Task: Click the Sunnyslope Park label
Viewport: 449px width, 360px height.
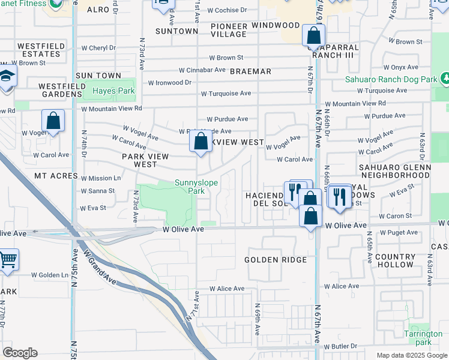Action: pyautogui.click(x=196, y=187)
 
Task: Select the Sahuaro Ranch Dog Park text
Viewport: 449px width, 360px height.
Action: pyautogui.click(x=390, y=79)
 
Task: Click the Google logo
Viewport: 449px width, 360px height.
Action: pyautogui.click(x=20, y=353)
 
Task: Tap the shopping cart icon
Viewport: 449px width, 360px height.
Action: pyautogui.click(x=8, y=260)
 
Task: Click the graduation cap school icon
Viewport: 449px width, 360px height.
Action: pyautogui.click(x=7, y=76)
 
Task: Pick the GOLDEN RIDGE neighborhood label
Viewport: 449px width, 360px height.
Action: pyautogui.click(x=276, y=260)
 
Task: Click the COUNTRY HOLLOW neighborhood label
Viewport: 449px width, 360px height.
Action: pyautogui.click(x=394, y=260)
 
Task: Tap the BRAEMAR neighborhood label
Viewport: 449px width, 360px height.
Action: pyautogui.click(x=250, y=71)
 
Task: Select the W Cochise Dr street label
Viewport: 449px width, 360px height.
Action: pyautogui.click(x=227, y=10)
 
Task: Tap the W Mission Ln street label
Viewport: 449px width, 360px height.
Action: pyautogui.click(x=100, y=178)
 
